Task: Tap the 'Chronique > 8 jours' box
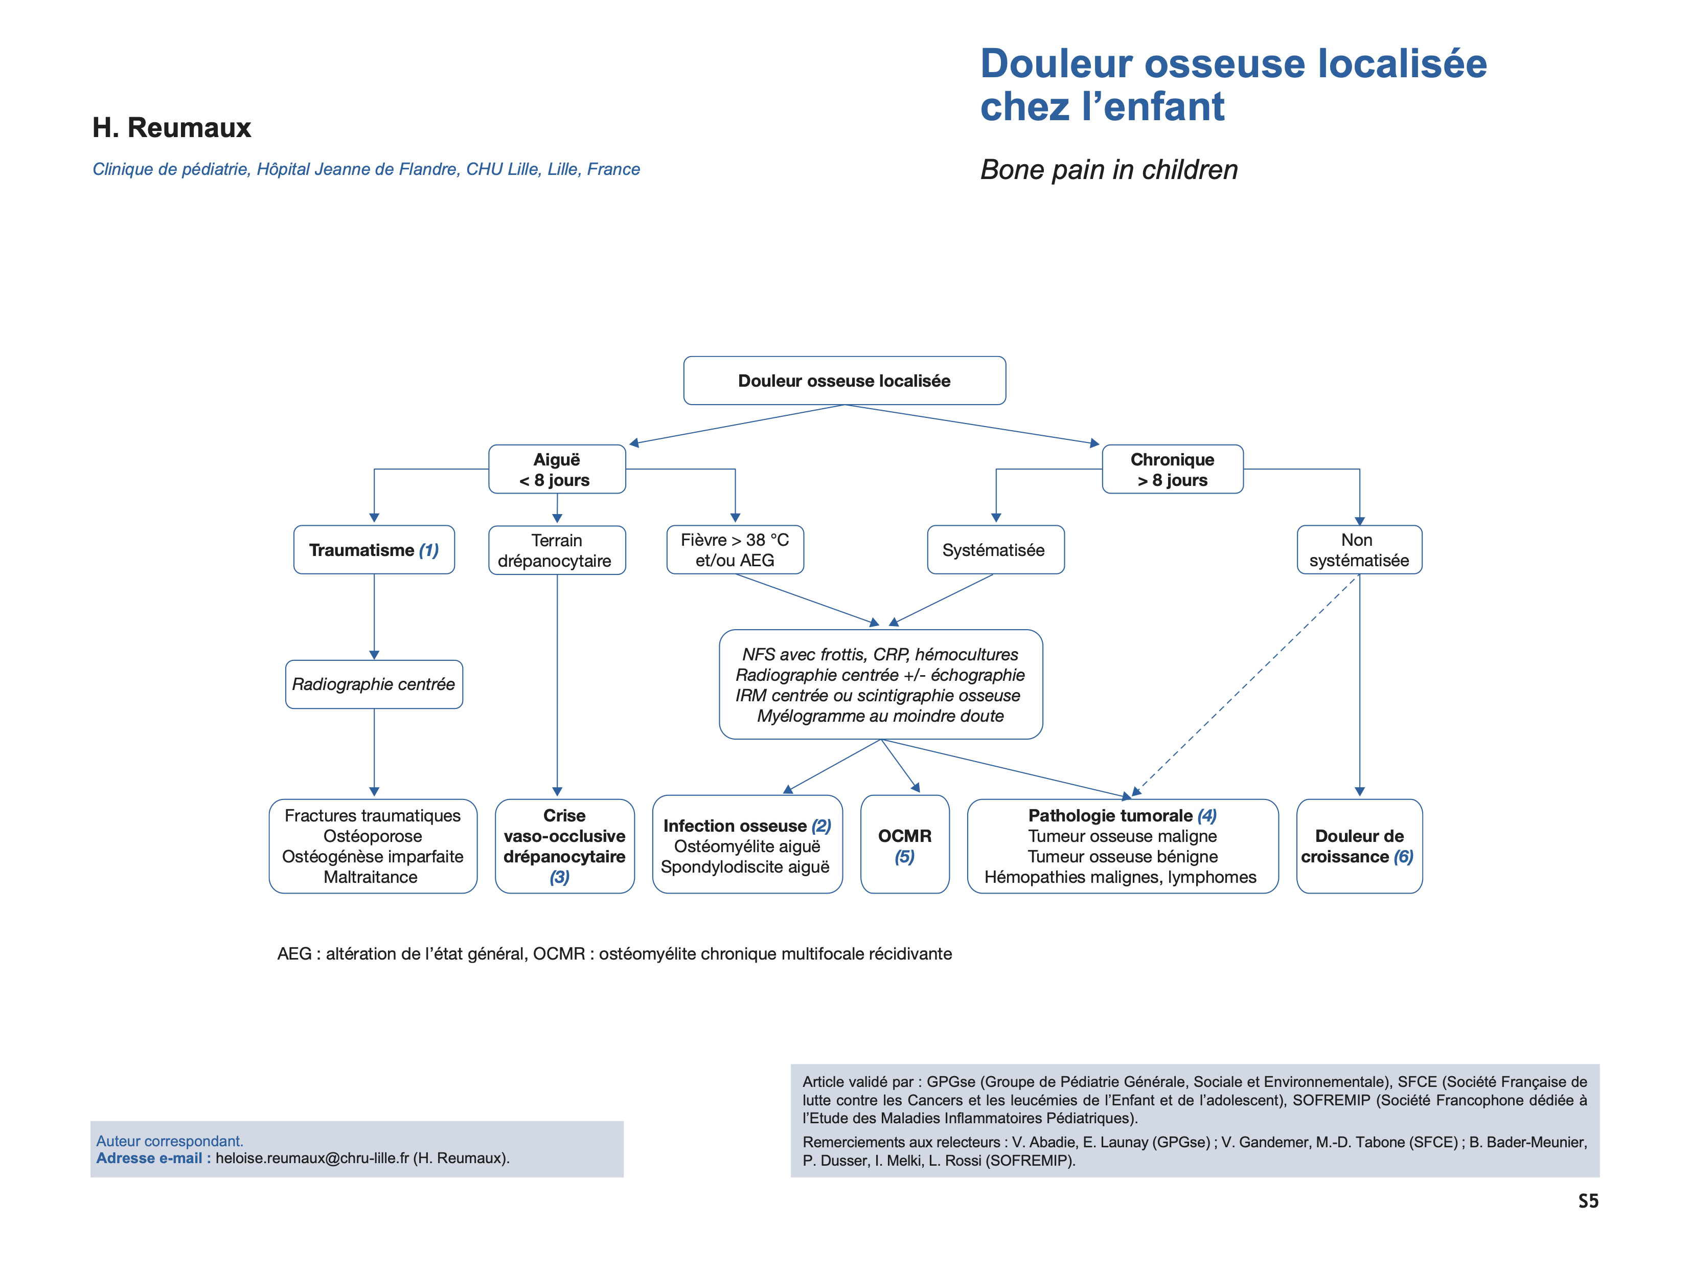(x=1172, y=469)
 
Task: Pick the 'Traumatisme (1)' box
(x=374, y=549)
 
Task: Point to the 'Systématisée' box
(x=995, y=549)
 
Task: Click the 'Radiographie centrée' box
(x=374, y=684)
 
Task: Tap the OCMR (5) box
(x=905, y=844)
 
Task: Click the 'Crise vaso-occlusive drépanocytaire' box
(x=564, y=846)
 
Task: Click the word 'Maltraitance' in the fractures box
(x=371, y=877)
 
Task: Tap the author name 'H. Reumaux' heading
(x=172, y=128)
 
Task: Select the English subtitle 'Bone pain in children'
(x=1109, y=170)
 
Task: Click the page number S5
(x=1588, y=1201)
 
